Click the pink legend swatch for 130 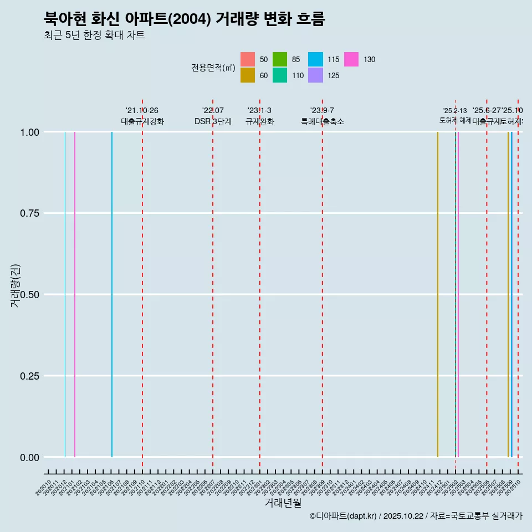pos(351,59)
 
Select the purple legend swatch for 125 pos(315,75)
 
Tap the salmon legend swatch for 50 pos(248,59)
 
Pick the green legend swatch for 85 pos(280,59)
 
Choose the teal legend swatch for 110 pos(280,75)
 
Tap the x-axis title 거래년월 pos(283,503)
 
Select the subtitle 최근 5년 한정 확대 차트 pos(94,35)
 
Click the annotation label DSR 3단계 pos(213,121)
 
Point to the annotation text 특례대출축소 pos(323,121)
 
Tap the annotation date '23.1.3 pos(259,111)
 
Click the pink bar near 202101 pos(75,294)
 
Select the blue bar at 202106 pos(112,294)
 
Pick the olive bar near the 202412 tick pos(438,294)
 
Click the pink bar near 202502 pos(458,294)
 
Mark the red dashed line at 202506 pos(487,294)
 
